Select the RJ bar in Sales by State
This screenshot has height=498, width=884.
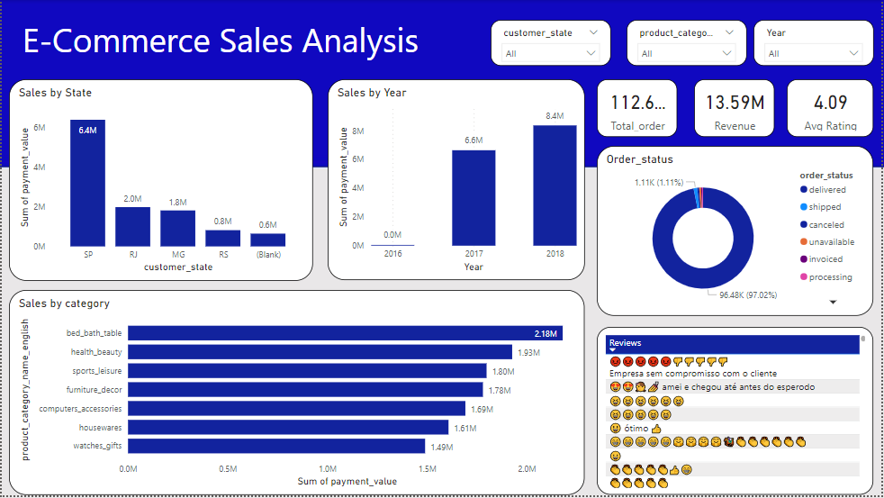[x=132, y=227]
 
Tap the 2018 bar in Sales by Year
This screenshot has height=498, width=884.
[x=555, y=185]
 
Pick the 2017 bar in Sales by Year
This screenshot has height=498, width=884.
[x=474, y=197]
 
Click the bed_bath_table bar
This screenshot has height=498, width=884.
[x=345, y=333]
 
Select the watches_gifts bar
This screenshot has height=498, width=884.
[x=276, y=446]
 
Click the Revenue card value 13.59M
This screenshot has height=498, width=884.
[x=735, y=102]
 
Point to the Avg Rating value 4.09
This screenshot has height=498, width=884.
[x=830, y=102]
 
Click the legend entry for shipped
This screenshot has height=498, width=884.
[x=825, y=207]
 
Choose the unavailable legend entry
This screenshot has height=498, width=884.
[x=831, y=242]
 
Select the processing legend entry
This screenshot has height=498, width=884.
[x=829, y=277]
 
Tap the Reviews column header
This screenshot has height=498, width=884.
[x=625, y=343]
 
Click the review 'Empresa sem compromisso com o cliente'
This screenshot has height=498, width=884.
[x=692, y=373]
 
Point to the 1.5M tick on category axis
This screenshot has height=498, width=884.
[x=428, y=469]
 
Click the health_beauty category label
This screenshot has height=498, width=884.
[x=96, y=352]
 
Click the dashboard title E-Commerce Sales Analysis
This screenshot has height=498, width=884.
[x=221, y=41]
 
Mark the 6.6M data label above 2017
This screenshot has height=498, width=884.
[x=474, y=141]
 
